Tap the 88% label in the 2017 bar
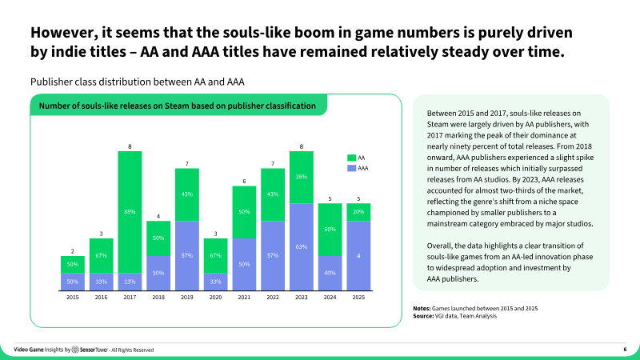[x=130, y=211]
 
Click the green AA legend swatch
[x=350, y=158]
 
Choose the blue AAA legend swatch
[x=350, y=169]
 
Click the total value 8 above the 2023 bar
[x=302, y=146]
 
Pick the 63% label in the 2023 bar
[x=302, y=247]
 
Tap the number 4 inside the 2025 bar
[x=358, y=255]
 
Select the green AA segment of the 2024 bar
[x=330, y=230]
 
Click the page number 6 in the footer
[x=625, y=350]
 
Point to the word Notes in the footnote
[x=421, y=309]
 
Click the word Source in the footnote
[x=423, y=317]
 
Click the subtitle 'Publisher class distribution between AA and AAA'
[x=137, y=82]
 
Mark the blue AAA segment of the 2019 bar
[x=187, y=254]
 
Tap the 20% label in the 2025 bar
[x=358, y=212]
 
